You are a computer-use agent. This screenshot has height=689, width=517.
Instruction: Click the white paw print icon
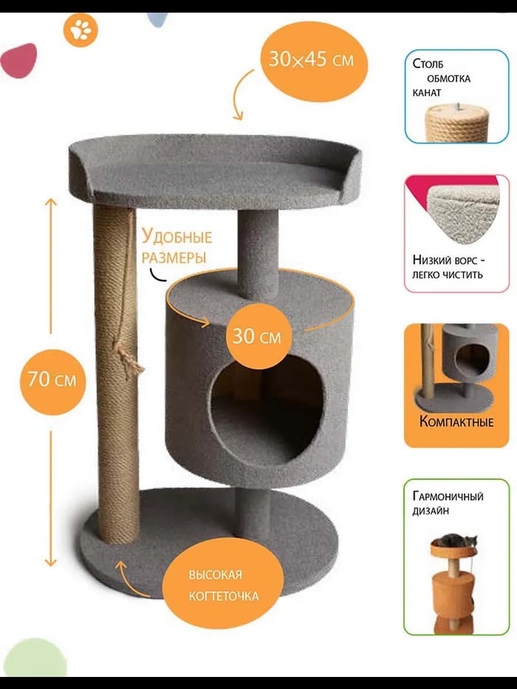pos(81,30)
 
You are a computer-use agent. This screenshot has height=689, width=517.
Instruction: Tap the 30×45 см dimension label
pos(311,59)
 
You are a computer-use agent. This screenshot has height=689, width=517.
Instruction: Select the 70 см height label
pos(52,380)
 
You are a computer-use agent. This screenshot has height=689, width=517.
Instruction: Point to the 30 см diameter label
pos(256,336)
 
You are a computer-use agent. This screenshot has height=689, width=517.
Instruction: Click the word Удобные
pos(177,237)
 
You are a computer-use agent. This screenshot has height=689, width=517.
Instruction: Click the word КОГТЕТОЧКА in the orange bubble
pos(224,597)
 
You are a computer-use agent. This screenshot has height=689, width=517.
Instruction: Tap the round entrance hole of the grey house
pos(267,411)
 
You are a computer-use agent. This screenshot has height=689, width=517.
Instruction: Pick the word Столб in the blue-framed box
pos(428,64)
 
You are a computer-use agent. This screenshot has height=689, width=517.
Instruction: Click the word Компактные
pos(457,422)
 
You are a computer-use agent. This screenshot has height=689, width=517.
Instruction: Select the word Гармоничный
pos(448,497)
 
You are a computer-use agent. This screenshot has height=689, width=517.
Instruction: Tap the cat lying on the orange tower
pos(454,540)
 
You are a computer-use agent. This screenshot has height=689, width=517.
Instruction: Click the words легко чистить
pos(447,275)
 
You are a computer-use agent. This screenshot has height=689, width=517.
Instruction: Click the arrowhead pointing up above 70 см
pos(51,203)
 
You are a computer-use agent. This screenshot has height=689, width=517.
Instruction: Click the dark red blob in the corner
pos(19,60)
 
